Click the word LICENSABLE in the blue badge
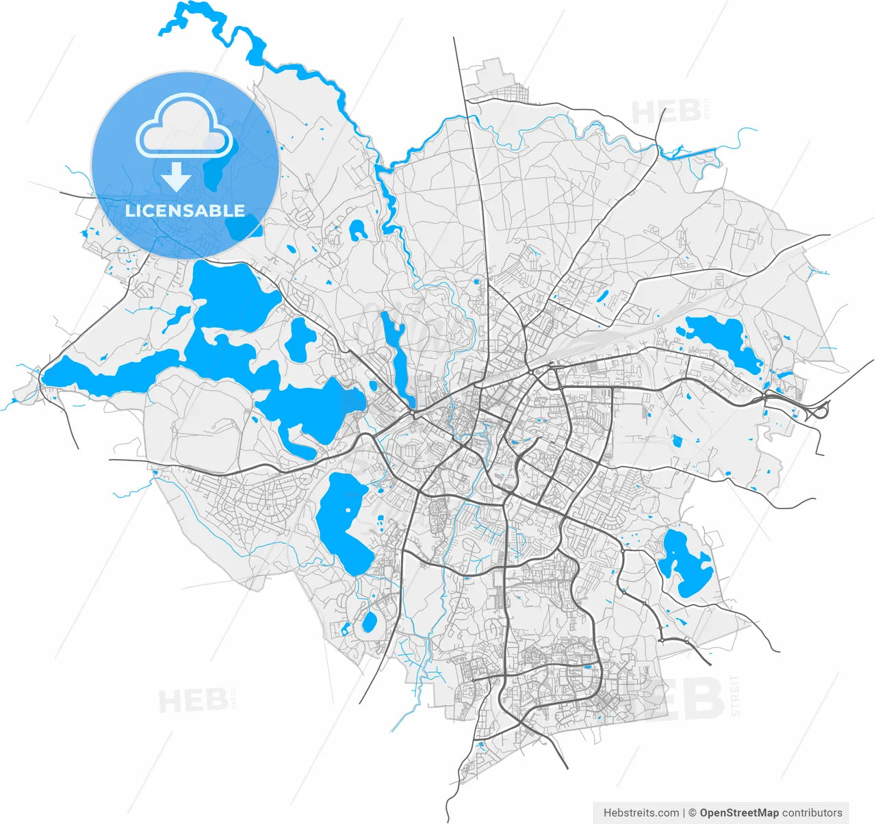[185, 210]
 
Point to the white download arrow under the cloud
[177, 177]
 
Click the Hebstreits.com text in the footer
[641, 813]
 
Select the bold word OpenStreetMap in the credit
[739, 813]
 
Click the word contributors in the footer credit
[812, 813]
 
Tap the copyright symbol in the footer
[692, 813]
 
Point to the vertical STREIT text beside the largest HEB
[736, 695]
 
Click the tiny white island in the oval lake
[348, 509]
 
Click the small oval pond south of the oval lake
[369, 622]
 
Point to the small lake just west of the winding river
[357, 230]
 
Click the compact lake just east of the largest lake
[300, 339]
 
